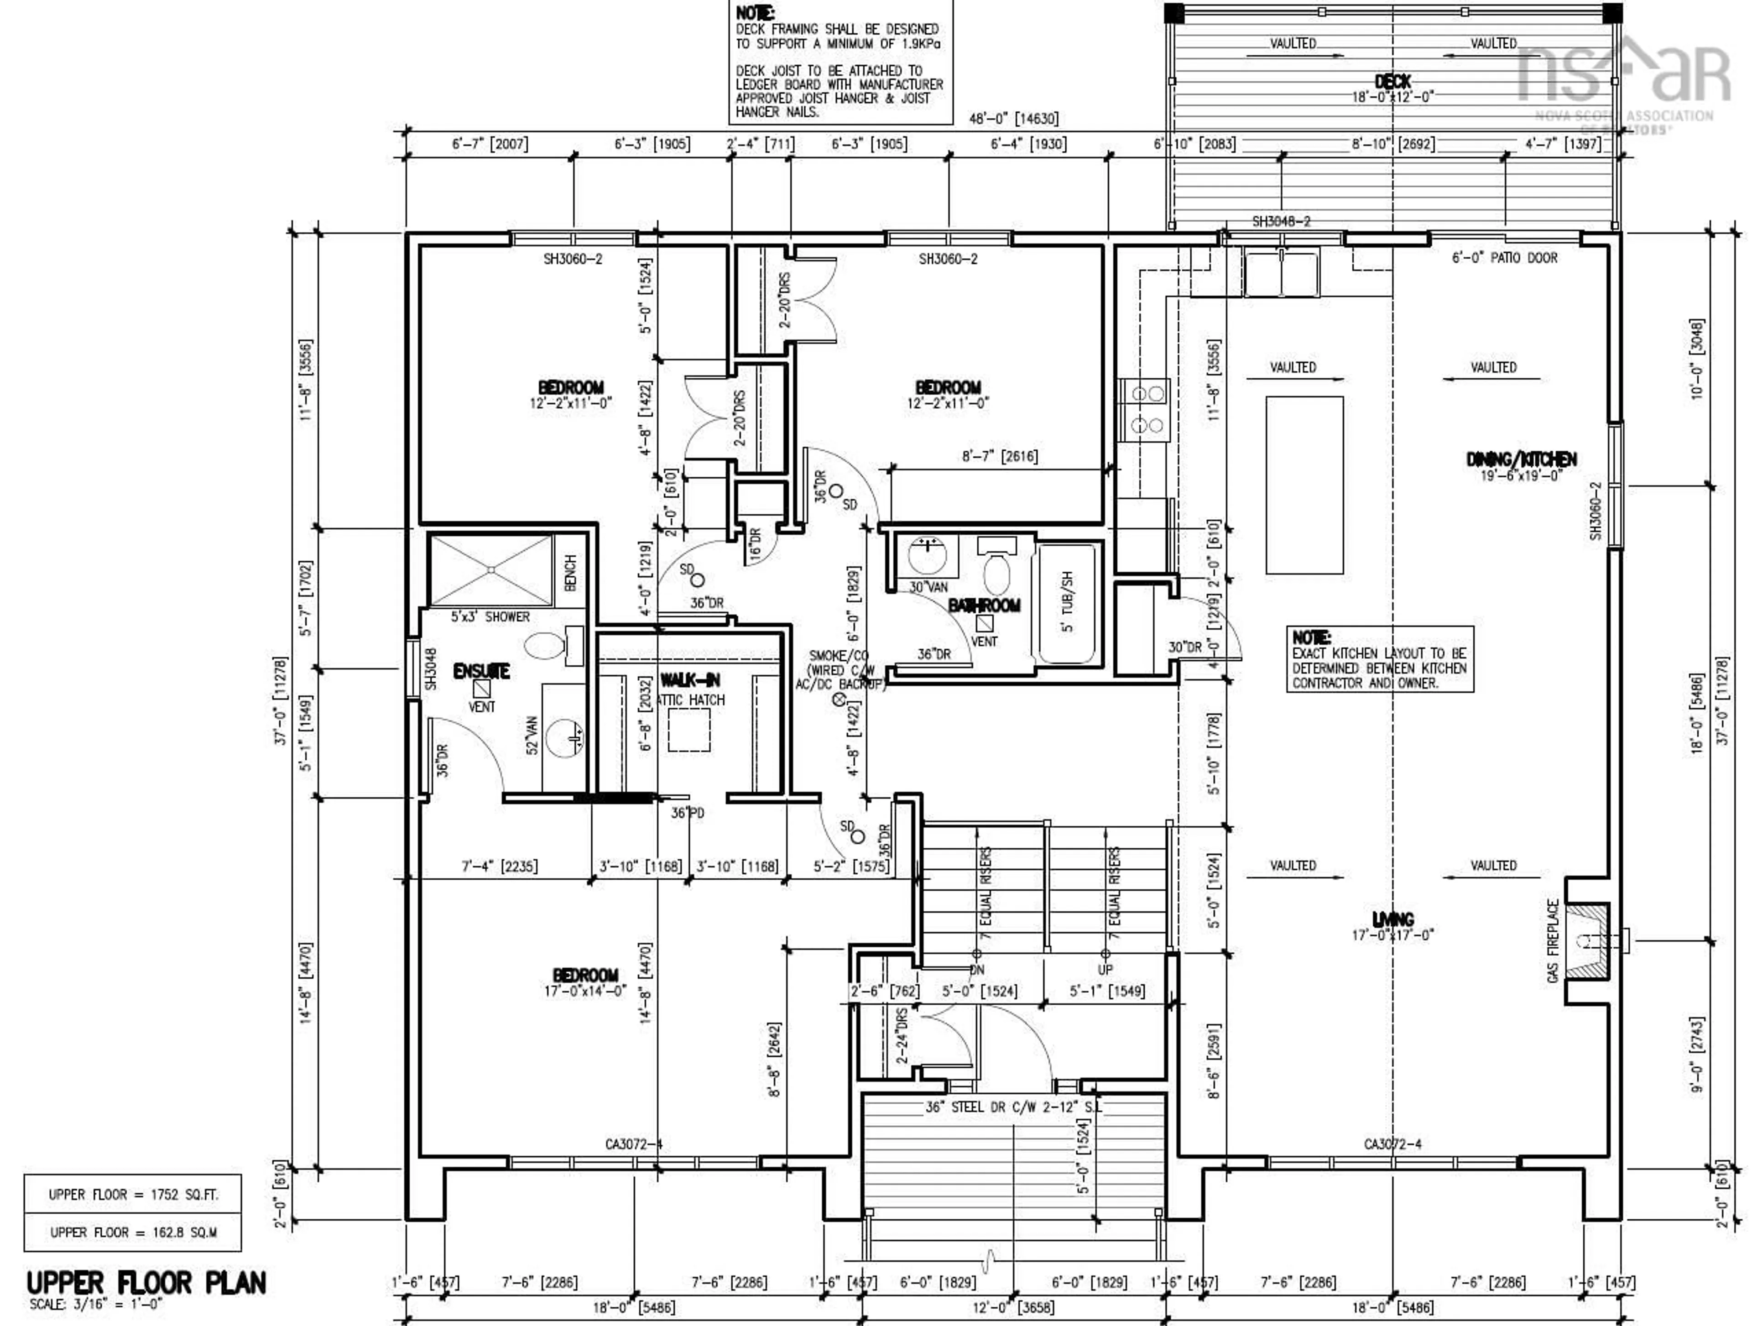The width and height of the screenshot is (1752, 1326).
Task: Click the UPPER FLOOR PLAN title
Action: (146, 1283)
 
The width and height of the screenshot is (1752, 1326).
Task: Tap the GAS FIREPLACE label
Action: (1553, 941)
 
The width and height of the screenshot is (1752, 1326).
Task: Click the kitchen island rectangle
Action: (1304, 485)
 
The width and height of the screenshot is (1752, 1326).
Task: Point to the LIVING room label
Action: (1392, 919)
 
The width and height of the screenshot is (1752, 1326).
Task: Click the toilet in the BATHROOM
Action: (996, 574)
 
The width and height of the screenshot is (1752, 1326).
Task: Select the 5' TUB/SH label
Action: (1067, 602)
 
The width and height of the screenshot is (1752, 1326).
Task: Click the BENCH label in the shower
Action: (570, 572)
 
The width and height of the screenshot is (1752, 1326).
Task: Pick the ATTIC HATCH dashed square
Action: (688, 731)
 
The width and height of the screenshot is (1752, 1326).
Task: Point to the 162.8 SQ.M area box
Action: (132, 1232)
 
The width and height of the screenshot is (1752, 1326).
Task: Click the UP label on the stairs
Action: (1105, 970)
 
